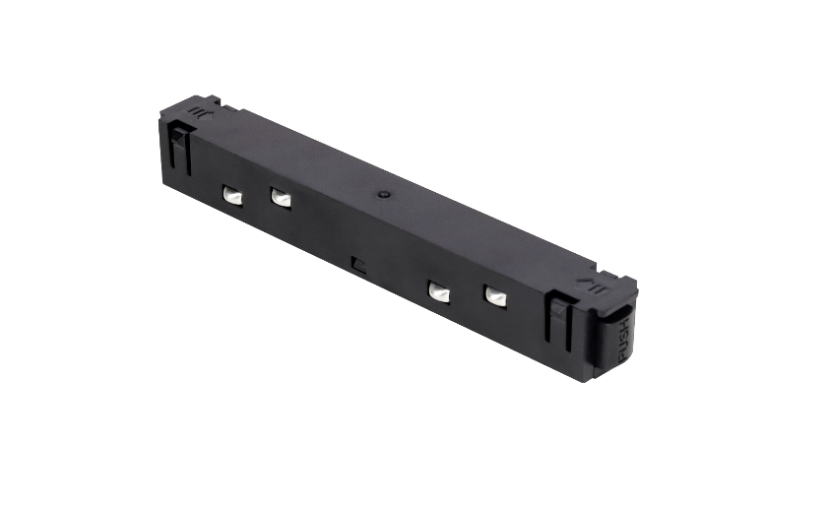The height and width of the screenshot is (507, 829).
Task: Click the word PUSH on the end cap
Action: pos(625,340)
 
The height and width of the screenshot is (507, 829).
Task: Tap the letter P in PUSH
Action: pos(622,355)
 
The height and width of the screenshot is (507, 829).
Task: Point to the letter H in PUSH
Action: pos(627,323)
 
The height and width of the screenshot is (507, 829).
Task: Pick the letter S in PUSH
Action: pos(625,334)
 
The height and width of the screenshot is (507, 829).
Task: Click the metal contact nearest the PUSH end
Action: pos(495,296)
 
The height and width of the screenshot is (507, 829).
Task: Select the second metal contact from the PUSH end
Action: pos(439,291)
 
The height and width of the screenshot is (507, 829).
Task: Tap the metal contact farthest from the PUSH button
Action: pos(232,196)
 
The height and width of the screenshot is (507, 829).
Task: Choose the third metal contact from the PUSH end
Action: pos(281,198)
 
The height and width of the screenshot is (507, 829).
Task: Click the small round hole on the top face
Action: pos(384,195)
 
